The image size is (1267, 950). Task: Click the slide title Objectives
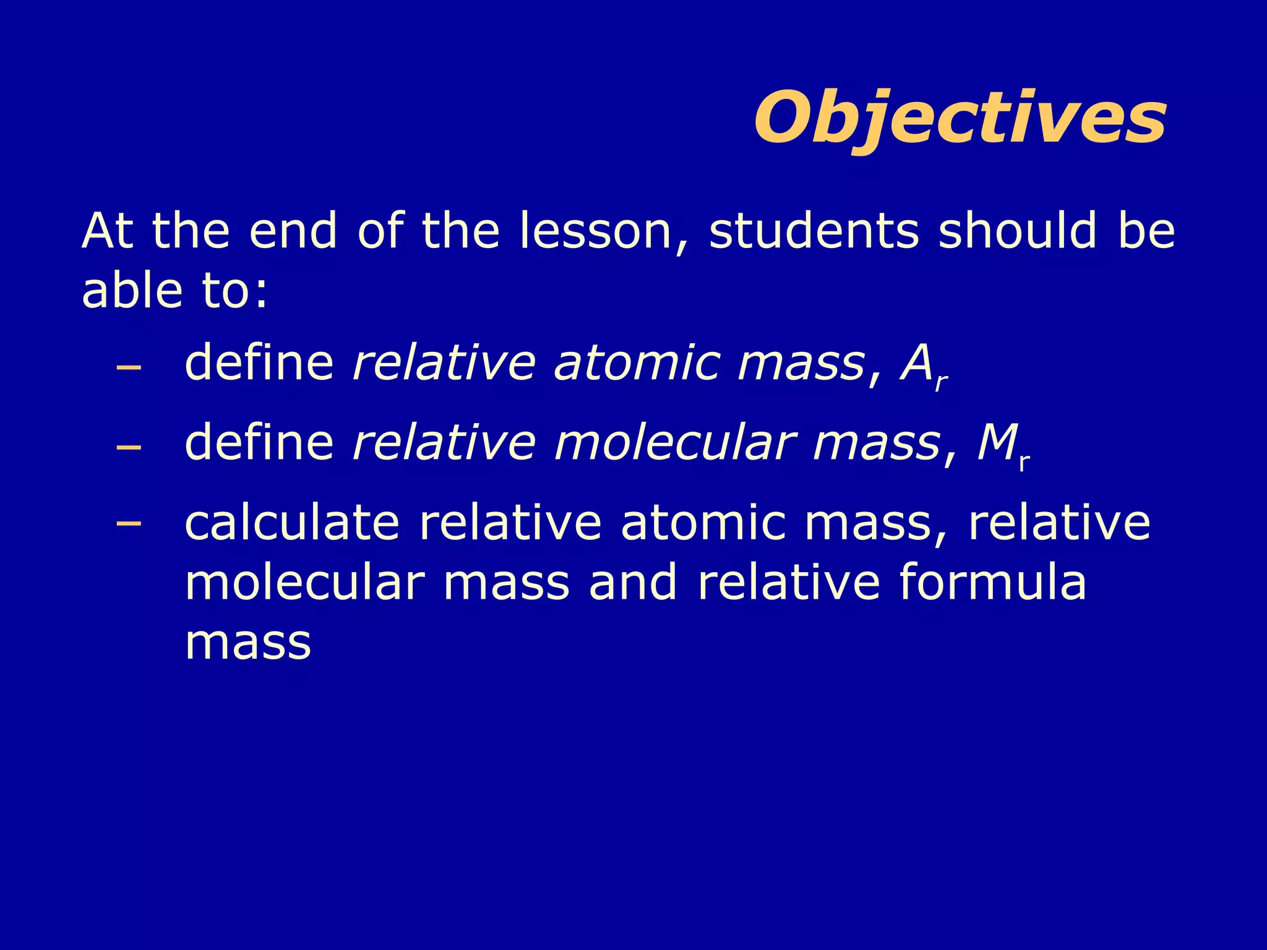960,118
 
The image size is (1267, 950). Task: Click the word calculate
292,523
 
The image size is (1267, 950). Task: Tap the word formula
992,582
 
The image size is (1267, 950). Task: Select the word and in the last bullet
633,582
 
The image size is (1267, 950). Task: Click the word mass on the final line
247,643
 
